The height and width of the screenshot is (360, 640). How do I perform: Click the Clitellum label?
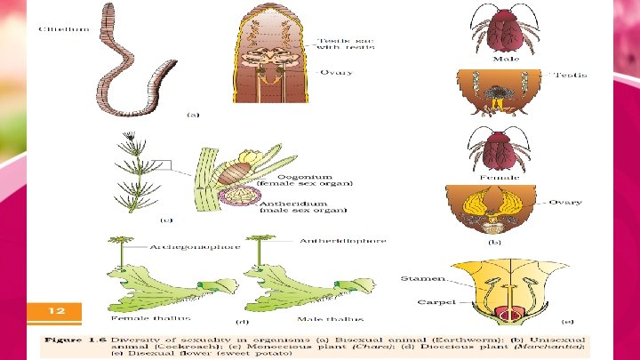[63, 29]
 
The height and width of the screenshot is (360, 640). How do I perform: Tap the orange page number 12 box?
[55, 311]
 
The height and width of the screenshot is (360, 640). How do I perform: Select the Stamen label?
[420, 277]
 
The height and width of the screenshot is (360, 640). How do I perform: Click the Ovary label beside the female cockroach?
[565, 203]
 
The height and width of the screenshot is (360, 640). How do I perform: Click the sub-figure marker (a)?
[192, 115]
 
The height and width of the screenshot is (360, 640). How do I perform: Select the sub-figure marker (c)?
[165, 219]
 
